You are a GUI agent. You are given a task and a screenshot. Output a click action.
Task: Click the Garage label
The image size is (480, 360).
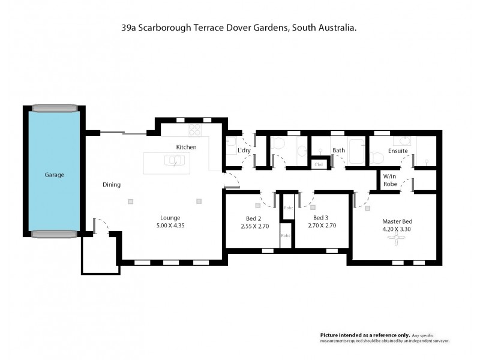pos(54,175)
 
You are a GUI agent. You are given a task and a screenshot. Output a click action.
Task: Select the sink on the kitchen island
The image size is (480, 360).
pos(173,160)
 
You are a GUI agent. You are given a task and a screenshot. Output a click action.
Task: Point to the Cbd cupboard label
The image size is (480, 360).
pos(319,164)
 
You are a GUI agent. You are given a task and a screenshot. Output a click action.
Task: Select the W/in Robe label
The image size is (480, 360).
pos(390,181)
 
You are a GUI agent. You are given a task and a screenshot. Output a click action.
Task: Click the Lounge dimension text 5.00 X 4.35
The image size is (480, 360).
pos(170,226)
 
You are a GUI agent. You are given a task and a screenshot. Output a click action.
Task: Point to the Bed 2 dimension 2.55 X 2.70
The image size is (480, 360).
pos(253,226)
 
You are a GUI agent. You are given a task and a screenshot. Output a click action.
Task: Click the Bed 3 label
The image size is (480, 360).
pos(320,218)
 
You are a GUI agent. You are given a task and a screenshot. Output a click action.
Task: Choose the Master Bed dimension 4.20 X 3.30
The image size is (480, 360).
pos(396,229)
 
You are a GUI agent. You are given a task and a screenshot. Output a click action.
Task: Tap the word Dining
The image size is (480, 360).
pos(112,185)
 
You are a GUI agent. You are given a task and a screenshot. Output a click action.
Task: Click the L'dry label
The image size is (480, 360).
pos(244,150)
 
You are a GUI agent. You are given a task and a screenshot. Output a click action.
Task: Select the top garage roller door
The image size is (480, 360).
pos(54,109)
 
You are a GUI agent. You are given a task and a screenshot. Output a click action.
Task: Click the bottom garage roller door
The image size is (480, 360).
pos(54,235)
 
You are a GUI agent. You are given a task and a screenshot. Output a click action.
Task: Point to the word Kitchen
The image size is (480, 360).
pos(186,147)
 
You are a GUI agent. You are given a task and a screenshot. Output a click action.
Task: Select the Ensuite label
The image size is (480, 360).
pos(398,151)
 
